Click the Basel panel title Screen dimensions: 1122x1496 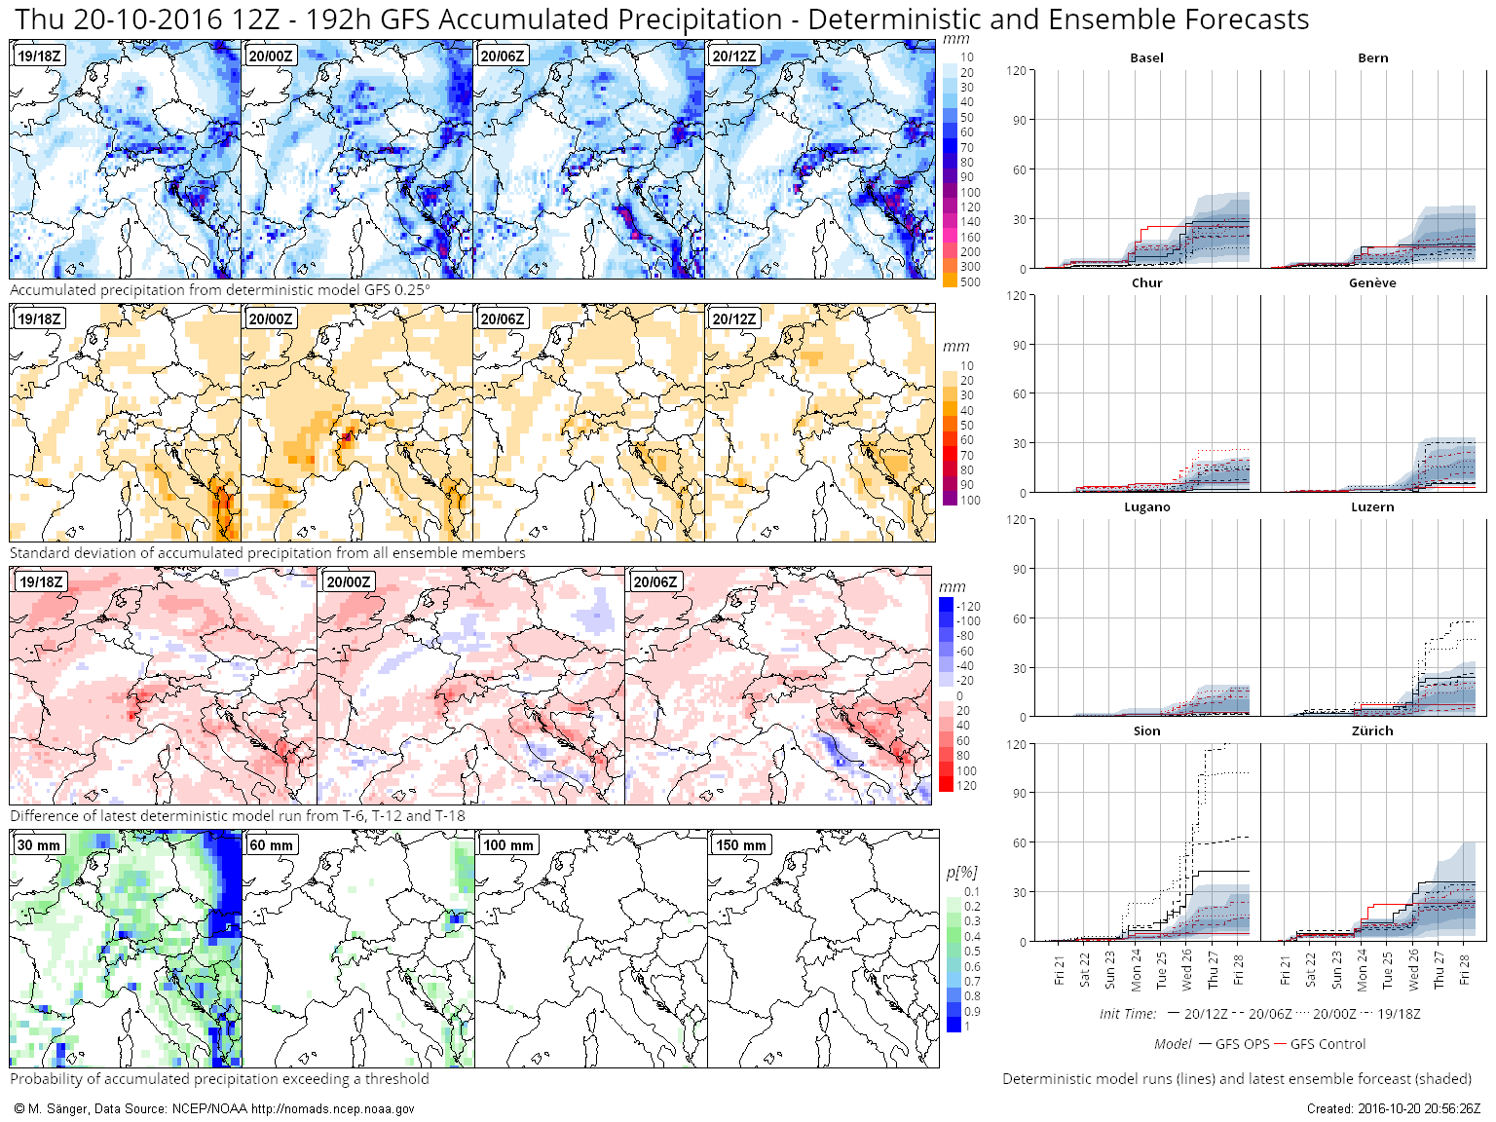(x=1146, y=58)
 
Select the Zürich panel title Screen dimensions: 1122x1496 (x=1372, y=731)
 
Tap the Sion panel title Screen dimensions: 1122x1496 (x=1146, y=731)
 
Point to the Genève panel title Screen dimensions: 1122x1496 (x=1372, y=283)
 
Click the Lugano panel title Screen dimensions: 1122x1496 (x=1146, y=507)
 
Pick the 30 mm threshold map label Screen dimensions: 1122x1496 (x=39, y=845)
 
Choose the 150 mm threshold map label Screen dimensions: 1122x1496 (x=740, y=845)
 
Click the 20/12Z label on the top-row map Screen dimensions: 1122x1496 (x=733, y=56)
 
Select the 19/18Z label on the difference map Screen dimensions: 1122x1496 (x=41, y=582)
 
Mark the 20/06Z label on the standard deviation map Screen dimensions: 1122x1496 (x=503, y=319)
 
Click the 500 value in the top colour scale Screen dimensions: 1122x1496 (x=970, y=282)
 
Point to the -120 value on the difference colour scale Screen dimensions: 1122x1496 (x=968, y=607)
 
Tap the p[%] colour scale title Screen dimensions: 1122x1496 (x=961, y=872)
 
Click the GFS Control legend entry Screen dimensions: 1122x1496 (x=1328, y=1044)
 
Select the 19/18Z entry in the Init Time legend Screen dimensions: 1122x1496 (x=1399, y=1014)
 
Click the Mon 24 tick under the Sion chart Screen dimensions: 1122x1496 (x=1136, y=970)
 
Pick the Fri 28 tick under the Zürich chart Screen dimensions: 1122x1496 (x=1464, y=970)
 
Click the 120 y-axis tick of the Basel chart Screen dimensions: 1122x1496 (x=1017, y=71)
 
